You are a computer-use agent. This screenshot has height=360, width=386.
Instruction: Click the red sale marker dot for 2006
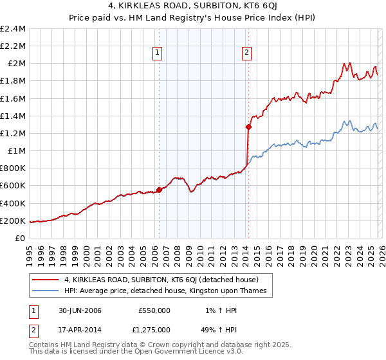click(159, 190)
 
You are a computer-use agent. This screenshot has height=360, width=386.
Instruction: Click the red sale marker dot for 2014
click(248, 127)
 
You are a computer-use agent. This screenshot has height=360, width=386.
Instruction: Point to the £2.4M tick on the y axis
click(14, 29)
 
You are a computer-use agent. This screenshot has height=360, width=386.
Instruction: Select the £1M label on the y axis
click(17, 151)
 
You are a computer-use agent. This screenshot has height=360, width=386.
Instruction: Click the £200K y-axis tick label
click(14, 221)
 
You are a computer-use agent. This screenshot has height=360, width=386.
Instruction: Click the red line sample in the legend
click(46, 280)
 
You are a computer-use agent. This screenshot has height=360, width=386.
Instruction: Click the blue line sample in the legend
click(46, 291)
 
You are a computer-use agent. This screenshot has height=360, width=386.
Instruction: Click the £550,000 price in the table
click(154, 310)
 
